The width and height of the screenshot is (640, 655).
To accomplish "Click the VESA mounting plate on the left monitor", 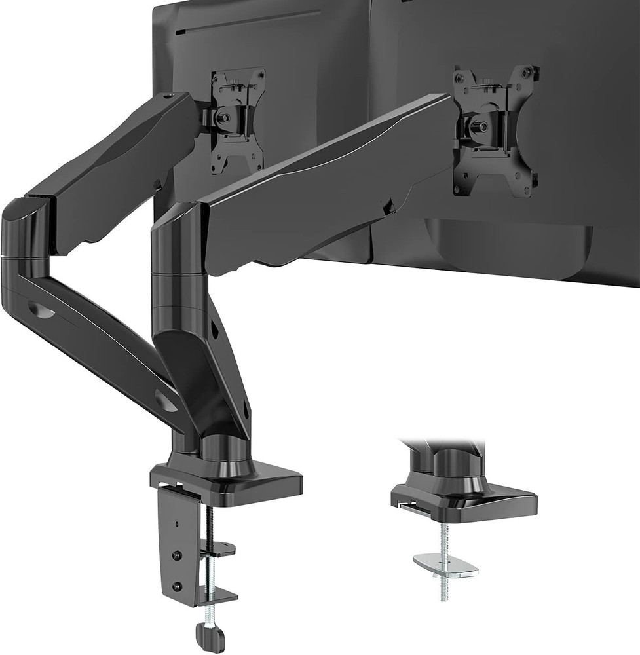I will (238, 121).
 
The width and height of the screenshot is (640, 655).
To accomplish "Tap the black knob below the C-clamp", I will (210, 634).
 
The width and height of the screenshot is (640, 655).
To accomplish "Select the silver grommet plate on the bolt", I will (445, 565).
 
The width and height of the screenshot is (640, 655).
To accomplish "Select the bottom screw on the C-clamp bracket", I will (175, 586).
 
